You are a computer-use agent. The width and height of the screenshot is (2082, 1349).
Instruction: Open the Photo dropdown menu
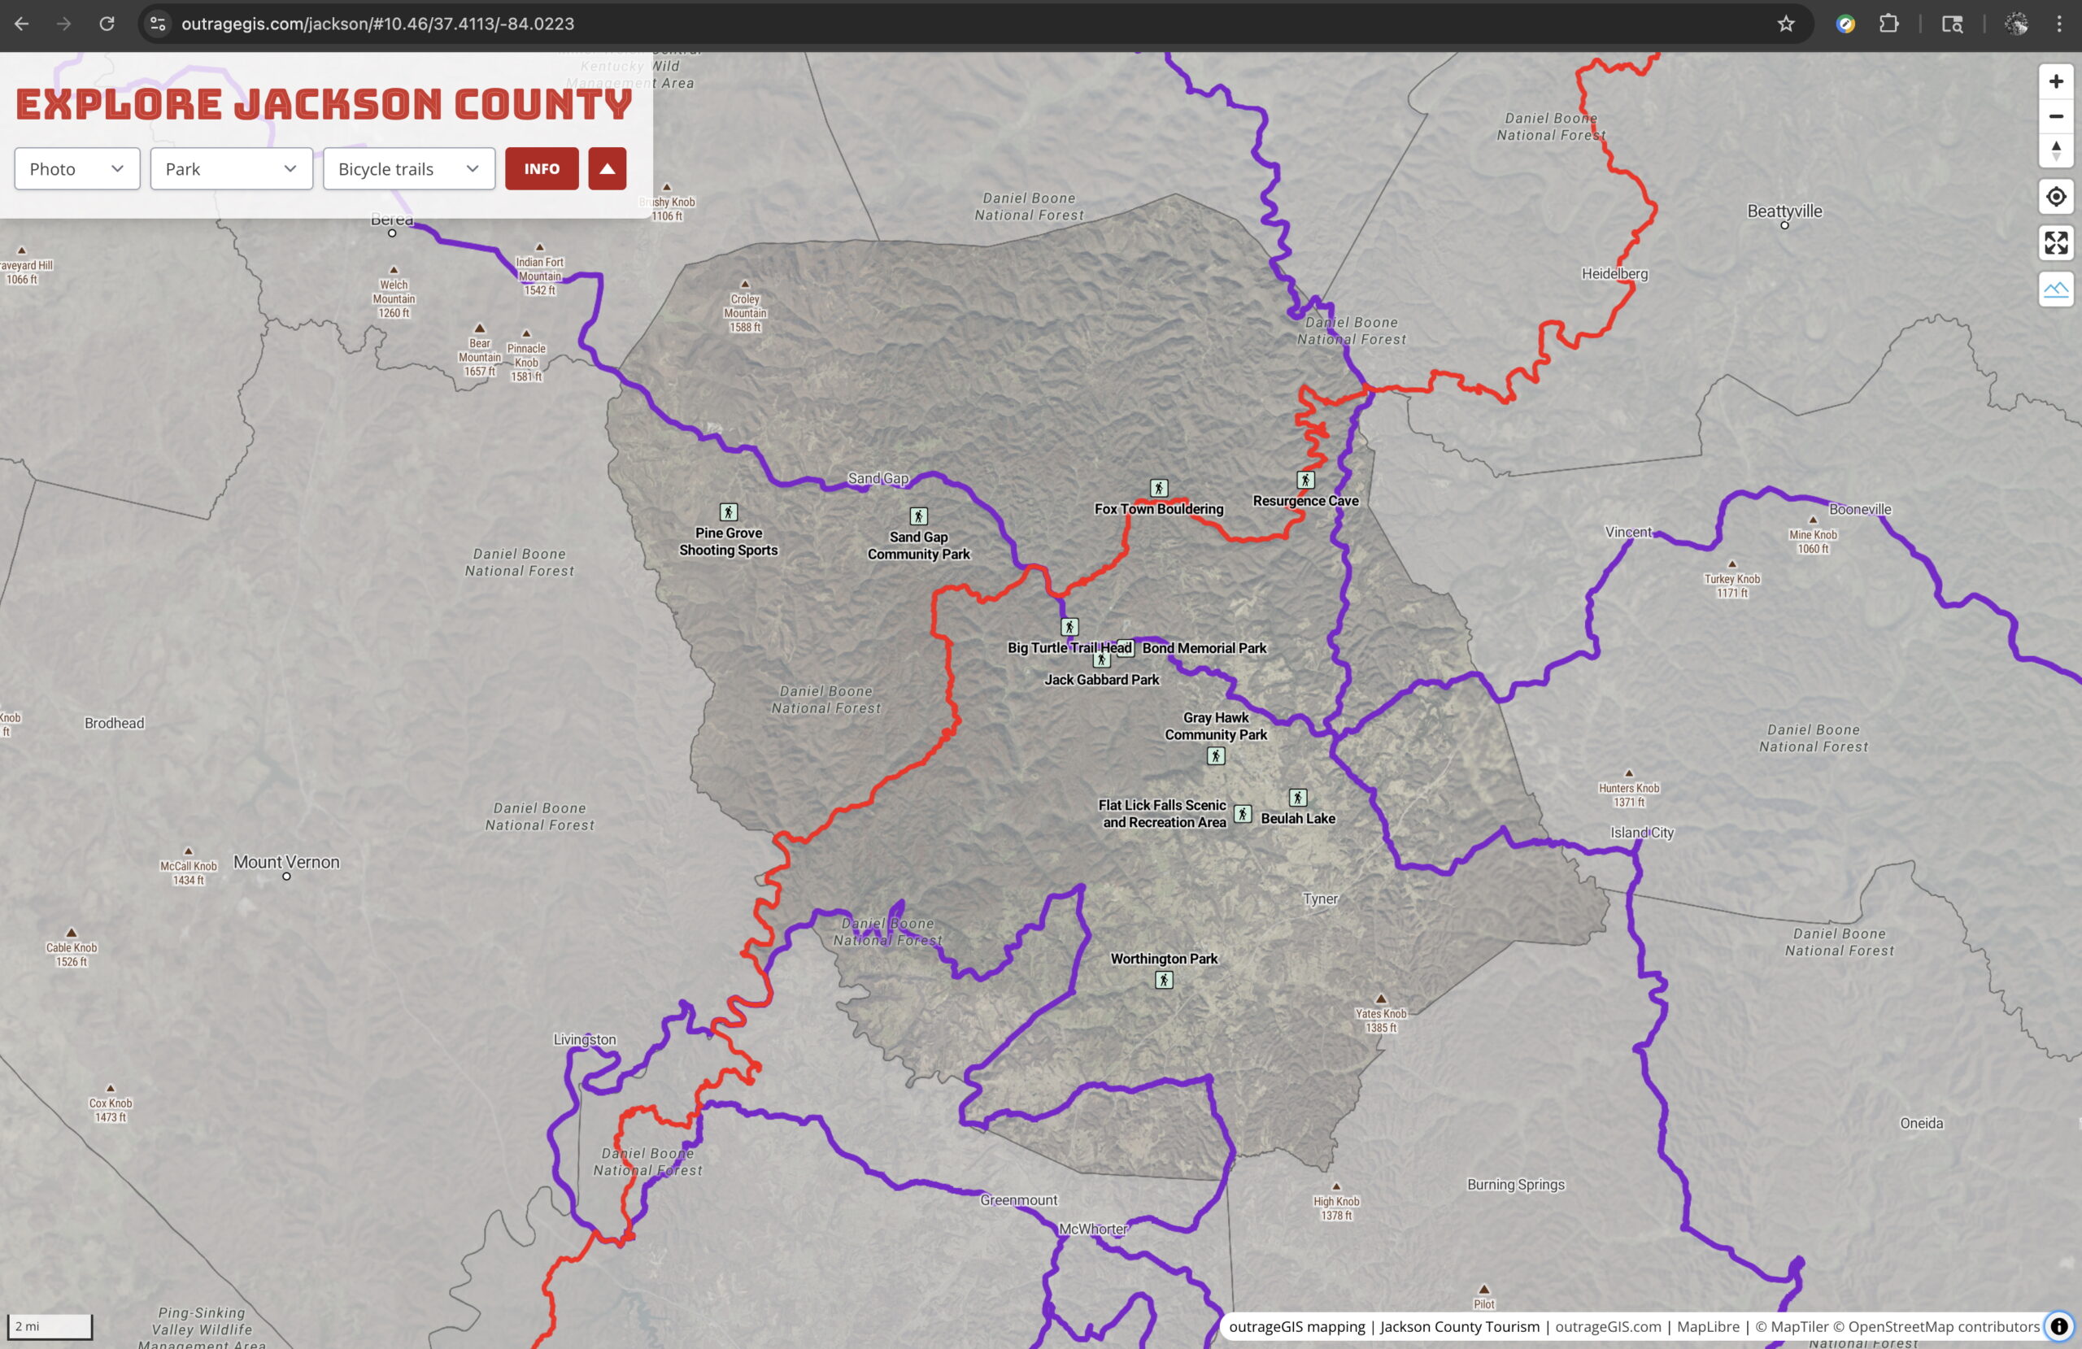click(77, 169)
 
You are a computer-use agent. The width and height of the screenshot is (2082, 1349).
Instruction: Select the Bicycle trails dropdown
click(408, 169)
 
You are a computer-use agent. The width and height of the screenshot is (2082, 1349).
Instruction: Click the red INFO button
click(542, 169)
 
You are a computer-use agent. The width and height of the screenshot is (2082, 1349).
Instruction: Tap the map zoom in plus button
click(2056, 81)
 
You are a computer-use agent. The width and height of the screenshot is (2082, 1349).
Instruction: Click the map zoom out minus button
click(2056, 116)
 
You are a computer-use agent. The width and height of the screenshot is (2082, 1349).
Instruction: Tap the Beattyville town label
click(1784, 211)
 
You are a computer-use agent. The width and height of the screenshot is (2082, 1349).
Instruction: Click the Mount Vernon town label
click(286, 862)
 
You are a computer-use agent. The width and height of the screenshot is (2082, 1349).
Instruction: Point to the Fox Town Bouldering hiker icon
click(1158, 488)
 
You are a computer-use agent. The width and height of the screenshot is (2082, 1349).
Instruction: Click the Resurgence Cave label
click(1305, 501)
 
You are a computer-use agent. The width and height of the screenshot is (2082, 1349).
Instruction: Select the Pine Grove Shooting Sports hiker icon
click(728, 511)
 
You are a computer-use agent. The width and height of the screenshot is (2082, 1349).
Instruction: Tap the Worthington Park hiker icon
click(1164, 980)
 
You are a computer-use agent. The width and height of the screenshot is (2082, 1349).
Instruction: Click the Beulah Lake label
click(1297, 819)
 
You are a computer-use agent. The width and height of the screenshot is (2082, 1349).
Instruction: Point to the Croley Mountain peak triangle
click(744, 285)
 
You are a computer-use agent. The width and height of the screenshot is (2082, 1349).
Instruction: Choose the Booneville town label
click(1860, 509)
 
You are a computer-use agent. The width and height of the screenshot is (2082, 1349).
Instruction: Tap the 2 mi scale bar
click(50, 1326)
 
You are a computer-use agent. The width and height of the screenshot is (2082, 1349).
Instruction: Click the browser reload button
click(107, 24)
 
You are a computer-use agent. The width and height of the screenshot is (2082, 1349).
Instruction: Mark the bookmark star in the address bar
click(1785, 24)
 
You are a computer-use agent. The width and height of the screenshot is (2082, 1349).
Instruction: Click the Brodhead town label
click(115, 723)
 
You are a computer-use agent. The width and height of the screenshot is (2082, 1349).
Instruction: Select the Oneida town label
click(1921, 1122)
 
